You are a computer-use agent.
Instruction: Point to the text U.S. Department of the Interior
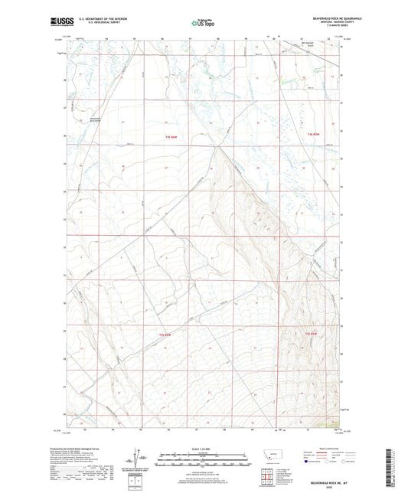[x=96, y=20]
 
